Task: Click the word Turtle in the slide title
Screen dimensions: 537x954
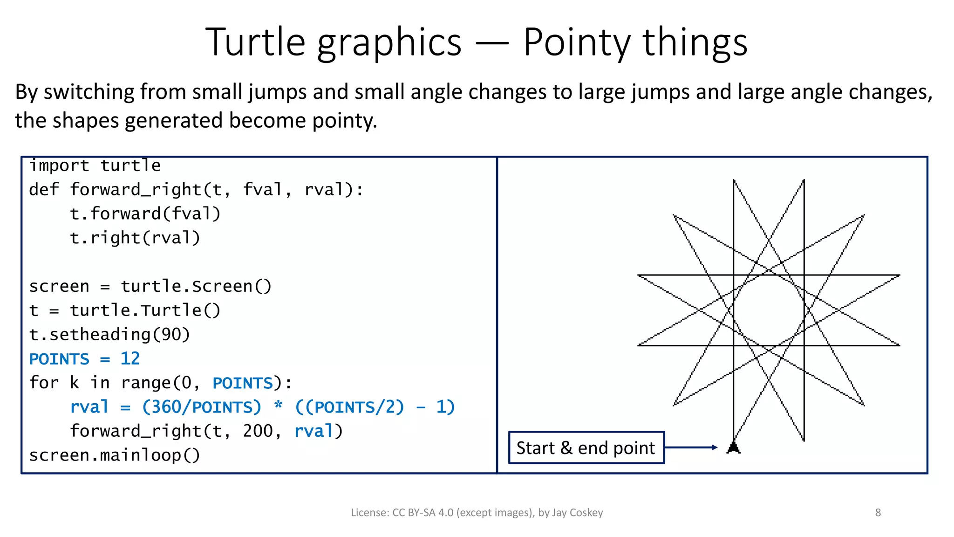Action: [x=255, y=42]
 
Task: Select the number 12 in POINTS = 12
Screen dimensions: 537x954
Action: [x=130, y=358]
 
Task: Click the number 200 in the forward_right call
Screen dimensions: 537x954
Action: [x=258, y=431]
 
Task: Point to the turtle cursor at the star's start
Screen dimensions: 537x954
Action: [x=734, y=447]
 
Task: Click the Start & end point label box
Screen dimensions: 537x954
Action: [x=586, y=447]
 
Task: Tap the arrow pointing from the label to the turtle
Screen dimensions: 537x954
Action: [x=691, y=447]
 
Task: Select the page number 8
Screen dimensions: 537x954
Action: [x=878, y=513]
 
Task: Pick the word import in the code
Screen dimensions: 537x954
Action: [x=59, y=165]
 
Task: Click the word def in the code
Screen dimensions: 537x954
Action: [x=44, y=190]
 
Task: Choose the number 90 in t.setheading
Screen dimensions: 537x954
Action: [x=170, y=335]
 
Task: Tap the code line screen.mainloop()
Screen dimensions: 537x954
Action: [x=115, y=455]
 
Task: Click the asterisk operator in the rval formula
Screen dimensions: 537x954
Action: [x=278, y=406]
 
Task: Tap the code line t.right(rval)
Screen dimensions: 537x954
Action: [x=135, y=238]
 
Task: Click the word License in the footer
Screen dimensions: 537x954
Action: [x=369, y=513]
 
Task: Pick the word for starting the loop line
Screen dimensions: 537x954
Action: [x=44, y=383]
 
